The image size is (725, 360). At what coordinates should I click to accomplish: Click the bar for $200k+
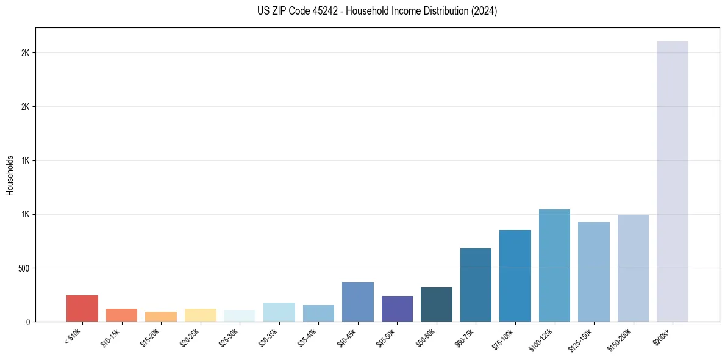point(672,182)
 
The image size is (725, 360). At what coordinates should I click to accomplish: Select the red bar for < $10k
point(82,309)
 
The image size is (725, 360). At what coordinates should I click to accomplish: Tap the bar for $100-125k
point(554,265)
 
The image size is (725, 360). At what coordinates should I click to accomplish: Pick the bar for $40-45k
point(358,302)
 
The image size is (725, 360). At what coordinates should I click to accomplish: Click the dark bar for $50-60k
point(437,304)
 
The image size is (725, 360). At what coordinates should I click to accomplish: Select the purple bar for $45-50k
point(397,309)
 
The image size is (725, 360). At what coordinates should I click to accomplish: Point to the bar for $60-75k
point(476,285)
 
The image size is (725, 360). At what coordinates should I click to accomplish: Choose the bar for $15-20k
point(161,317)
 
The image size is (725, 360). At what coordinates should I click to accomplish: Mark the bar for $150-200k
point(633,268)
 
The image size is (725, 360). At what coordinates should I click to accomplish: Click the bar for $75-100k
point(515,276)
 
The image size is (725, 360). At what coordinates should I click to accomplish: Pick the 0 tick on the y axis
point(27,322)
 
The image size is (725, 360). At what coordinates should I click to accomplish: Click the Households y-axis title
point(10,175)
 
